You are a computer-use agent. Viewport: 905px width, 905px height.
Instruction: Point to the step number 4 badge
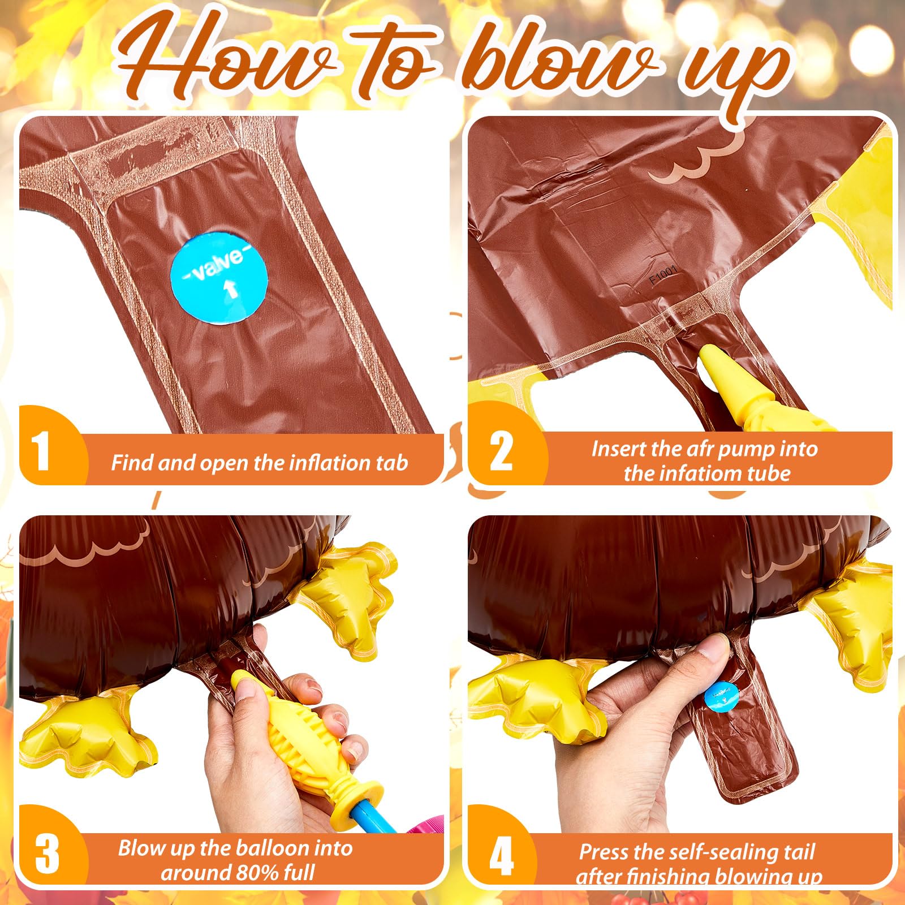point(501,855)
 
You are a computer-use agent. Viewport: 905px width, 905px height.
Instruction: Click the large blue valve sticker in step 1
point(219,276)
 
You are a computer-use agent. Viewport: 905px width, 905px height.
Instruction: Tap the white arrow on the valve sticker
point(231,290)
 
